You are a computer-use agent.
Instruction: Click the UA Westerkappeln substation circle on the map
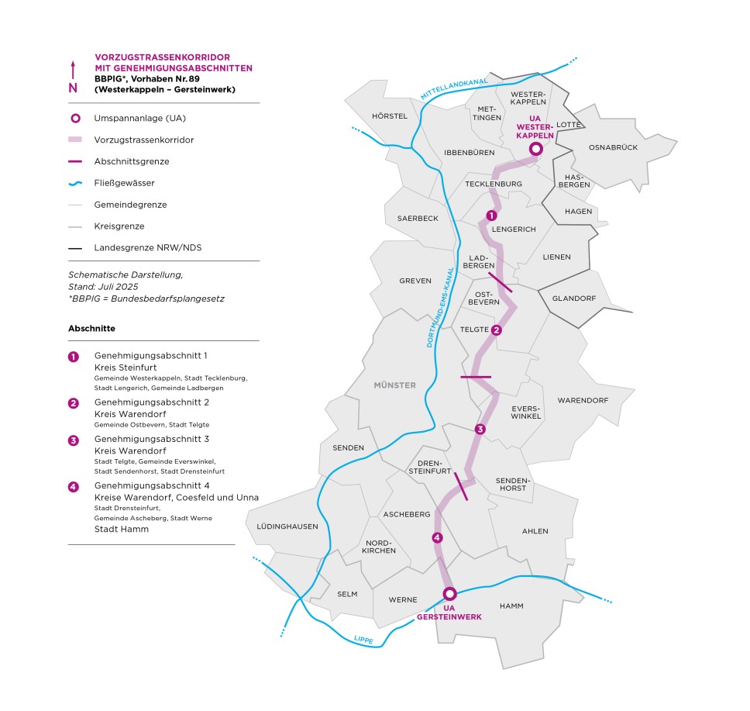point(535,150)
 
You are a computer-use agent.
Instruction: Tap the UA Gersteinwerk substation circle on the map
point(449,594)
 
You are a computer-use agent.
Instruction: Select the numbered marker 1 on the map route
point(490,216)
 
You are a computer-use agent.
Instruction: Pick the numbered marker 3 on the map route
point(480,430)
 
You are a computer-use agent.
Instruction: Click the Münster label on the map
point(394,385)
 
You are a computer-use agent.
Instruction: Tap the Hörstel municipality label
point(390,116)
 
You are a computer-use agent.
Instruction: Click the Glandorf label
point(573,299)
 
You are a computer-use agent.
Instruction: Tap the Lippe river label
point(363,640)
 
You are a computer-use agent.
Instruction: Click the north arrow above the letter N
point(73,68)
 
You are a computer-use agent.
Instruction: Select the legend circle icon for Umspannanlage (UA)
point(74,119)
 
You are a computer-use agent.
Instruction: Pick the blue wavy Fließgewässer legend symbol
point(74,184)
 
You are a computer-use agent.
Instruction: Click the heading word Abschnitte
point(91,328)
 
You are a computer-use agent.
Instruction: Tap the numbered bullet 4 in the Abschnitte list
point(74,486)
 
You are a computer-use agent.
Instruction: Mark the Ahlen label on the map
point(535,531)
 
